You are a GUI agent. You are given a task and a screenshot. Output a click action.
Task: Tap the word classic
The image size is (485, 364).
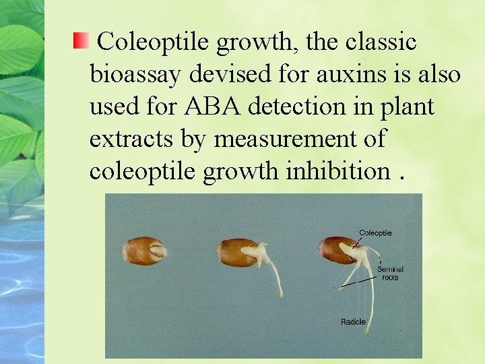click(x=382, y=42)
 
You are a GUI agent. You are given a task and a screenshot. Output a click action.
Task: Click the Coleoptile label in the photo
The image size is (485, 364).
click(x=375, y=233)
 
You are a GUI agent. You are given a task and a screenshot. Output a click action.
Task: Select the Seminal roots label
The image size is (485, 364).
click(x=390, y=273)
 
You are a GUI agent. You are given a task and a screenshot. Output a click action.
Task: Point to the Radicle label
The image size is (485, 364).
click(x=353, y=322)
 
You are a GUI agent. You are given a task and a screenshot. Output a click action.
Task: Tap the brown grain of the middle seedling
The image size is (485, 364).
click(x=236, y=253)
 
